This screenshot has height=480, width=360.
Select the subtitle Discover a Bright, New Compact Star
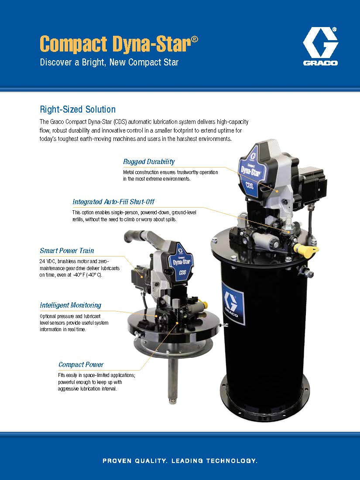click(109, 62)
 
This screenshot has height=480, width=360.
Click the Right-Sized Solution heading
click(78, 109)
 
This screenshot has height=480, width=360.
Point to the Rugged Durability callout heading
click(149, 161)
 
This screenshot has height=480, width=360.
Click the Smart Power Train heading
click(67, 250)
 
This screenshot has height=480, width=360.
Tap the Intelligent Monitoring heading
click(70, 305)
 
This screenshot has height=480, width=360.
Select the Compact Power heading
click(81, 364)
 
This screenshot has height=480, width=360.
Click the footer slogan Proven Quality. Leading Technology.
click(180, 460)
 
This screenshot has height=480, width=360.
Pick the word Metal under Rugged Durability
click(130, 172)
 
